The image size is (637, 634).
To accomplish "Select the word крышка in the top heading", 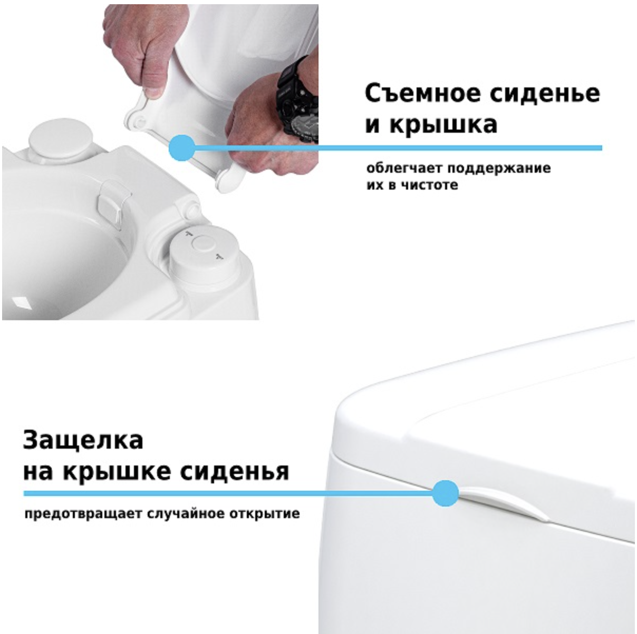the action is (x=442, y=124).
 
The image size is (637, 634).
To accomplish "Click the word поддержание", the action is (x=499, y=169).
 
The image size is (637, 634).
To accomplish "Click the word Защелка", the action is (x=83, y=440).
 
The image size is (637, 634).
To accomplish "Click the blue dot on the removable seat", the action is (x=181, y=147).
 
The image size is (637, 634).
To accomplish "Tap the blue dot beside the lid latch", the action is (x=445, y=493).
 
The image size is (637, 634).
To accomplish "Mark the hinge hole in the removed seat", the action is (x=140, y=121).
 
